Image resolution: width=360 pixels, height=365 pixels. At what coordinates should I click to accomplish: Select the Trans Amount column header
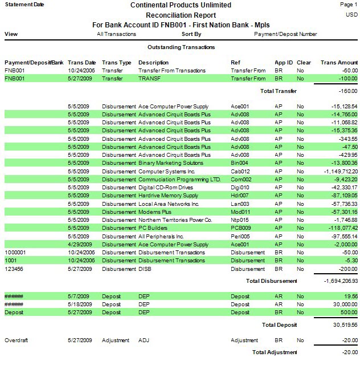[339, 62]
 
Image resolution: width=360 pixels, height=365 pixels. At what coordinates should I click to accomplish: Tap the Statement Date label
[23, 5]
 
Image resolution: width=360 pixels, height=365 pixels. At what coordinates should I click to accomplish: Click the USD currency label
[352, 15]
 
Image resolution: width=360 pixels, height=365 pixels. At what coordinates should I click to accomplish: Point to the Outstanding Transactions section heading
[181, 47]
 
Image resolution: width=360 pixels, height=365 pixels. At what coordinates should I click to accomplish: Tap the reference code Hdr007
[240, 196]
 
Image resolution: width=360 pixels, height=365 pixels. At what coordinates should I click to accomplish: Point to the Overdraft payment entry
[17, 340]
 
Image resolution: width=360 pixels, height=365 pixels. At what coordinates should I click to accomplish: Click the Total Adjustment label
[275, 352]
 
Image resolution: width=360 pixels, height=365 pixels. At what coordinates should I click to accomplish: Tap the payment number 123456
[15, 268]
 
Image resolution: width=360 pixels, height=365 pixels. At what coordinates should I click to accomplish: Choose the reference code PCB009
[242, 228]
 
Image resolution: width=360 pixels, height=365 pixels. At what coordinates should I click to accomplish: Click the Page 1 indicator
[348, 5]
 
